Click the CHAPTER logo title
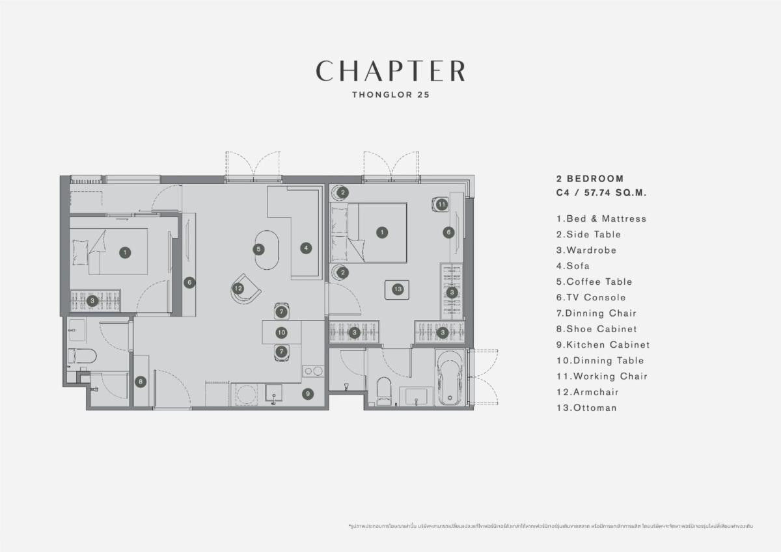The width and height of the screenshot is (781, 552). coord(390,71)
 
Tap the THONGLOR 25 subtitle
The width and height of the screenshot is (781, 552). coord(390,94)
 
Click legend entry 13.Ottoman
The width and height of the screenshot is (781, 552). coord(586,408)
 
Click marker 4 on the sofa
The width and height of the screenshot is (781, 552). coord(305,248)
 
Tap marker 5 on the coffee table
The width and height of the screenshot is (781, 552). coord(258,248)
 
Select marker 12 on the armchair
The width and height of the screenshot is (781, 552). coord(239,288)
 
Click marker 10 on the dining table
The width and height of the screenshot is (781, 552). coord(281,332)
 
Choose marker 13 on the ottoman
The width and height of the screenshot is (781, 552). coord(398,288)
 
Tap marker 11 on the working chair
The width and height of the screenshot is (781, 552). coord(442,204)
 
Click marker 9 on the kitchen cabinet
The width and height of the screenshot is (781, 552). coord(308,393)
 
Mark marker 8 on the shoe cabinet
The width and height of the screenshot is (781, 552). coord(141,382)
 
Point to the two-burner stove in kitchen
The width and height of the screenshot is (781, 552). coord(313,371)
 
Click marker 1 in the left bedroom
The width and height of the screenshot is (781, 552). coord(125,252)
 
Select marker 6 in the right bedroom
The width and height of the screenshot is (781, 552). coord(448,232)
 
